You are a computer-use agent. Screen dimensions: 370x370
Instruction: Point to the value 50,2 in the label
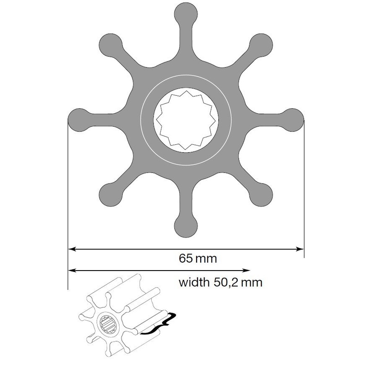[228, 282]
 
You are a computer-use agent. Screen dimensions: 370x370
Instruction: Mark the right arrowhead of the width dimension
[247, 271]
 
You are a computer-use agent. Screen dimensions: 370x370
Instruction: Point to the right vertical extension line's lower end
[304, 257]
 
